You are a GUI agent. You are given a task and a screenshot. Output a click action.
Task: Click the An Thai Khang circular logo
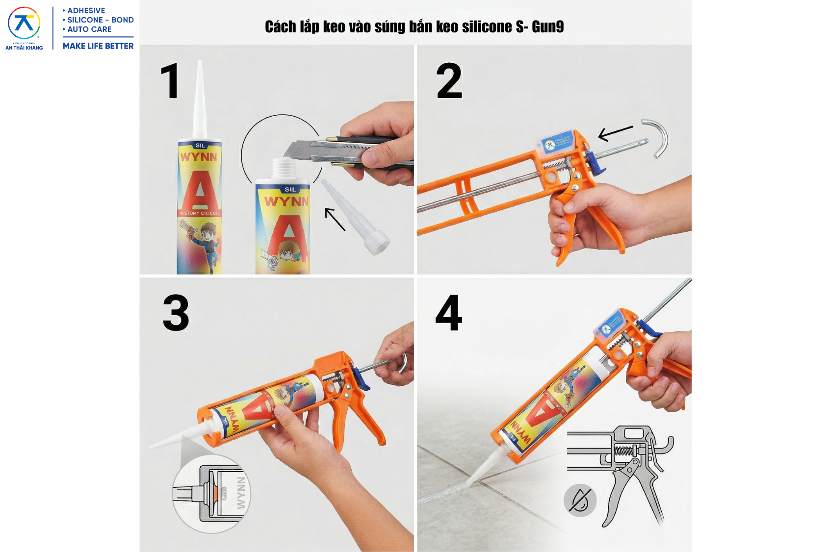point(24,24)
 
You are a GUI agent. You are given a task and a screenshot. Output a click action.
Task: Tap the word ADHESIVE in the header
point(86,11)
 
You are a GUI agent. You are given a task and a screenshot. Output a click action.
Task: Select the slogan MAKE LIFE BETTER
point(98,46)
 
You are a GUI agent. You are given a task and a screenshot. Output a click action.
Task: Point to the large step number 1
point(170,81)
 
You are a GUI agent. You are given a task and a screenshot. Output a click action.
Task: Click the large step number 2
point(449,81)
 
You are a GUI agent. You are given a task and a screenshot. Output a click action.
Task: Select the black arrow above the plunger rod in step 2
point(616,132)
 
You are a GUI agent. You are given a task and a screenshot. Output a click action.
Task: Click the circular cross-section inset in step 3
point(211,493)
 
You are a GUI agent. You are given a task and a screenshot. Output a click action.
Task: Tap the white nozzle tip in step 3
point(167,441)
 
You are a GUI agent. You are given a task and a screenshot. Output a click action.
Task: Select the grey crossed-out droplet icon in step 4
point(580,501)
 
